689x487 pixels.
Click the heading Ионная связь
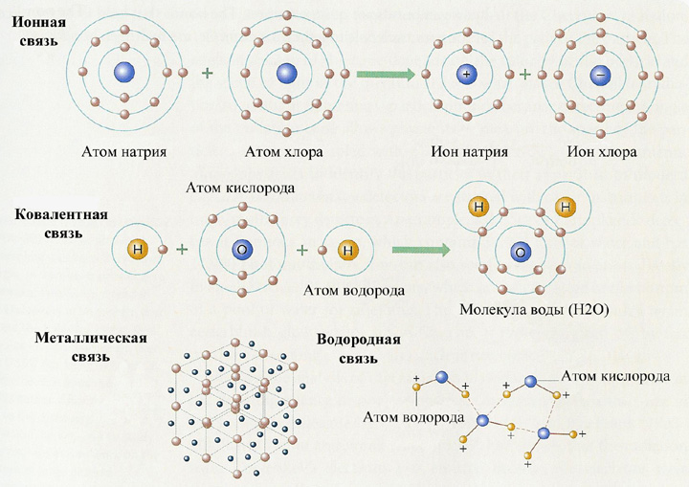(38, 32)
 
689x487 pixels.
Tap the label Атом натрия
(123, 151)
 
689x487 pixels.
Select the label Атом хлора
(283, 151)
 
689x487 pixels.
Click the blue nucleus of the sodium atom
(124, 72)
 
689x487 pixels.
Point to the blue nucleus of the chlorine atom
(287, 73)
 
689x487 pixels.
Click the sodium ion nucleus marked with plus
(467, 74)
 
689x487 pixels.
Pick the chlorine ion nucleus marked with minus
(600, 75)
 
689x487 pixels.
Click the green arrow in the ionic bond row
(386, 75)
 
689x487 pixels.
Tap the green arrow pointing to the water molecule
(420, 250)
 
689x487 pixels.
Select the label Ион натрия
(469, 151)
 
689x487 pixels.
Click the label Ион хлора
(602, 151)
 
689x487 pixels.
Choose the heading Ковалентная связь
(61, 223)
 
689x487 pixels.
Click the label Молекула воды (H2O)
(534, 309)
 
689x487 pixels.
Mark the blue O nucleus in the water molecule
(521, 253)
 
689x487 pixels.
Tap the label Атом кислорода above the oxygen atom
(240, 188)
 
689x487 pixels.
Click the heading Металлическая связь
(91, 346)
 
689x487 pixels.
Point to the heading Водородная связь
(359, 349)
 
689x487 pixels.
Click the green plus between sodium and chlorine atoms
(207, 73)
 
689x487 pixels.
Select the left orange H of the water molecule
(479, 207)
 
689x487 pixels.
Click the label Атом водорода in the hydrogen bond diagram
(413, 416)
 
